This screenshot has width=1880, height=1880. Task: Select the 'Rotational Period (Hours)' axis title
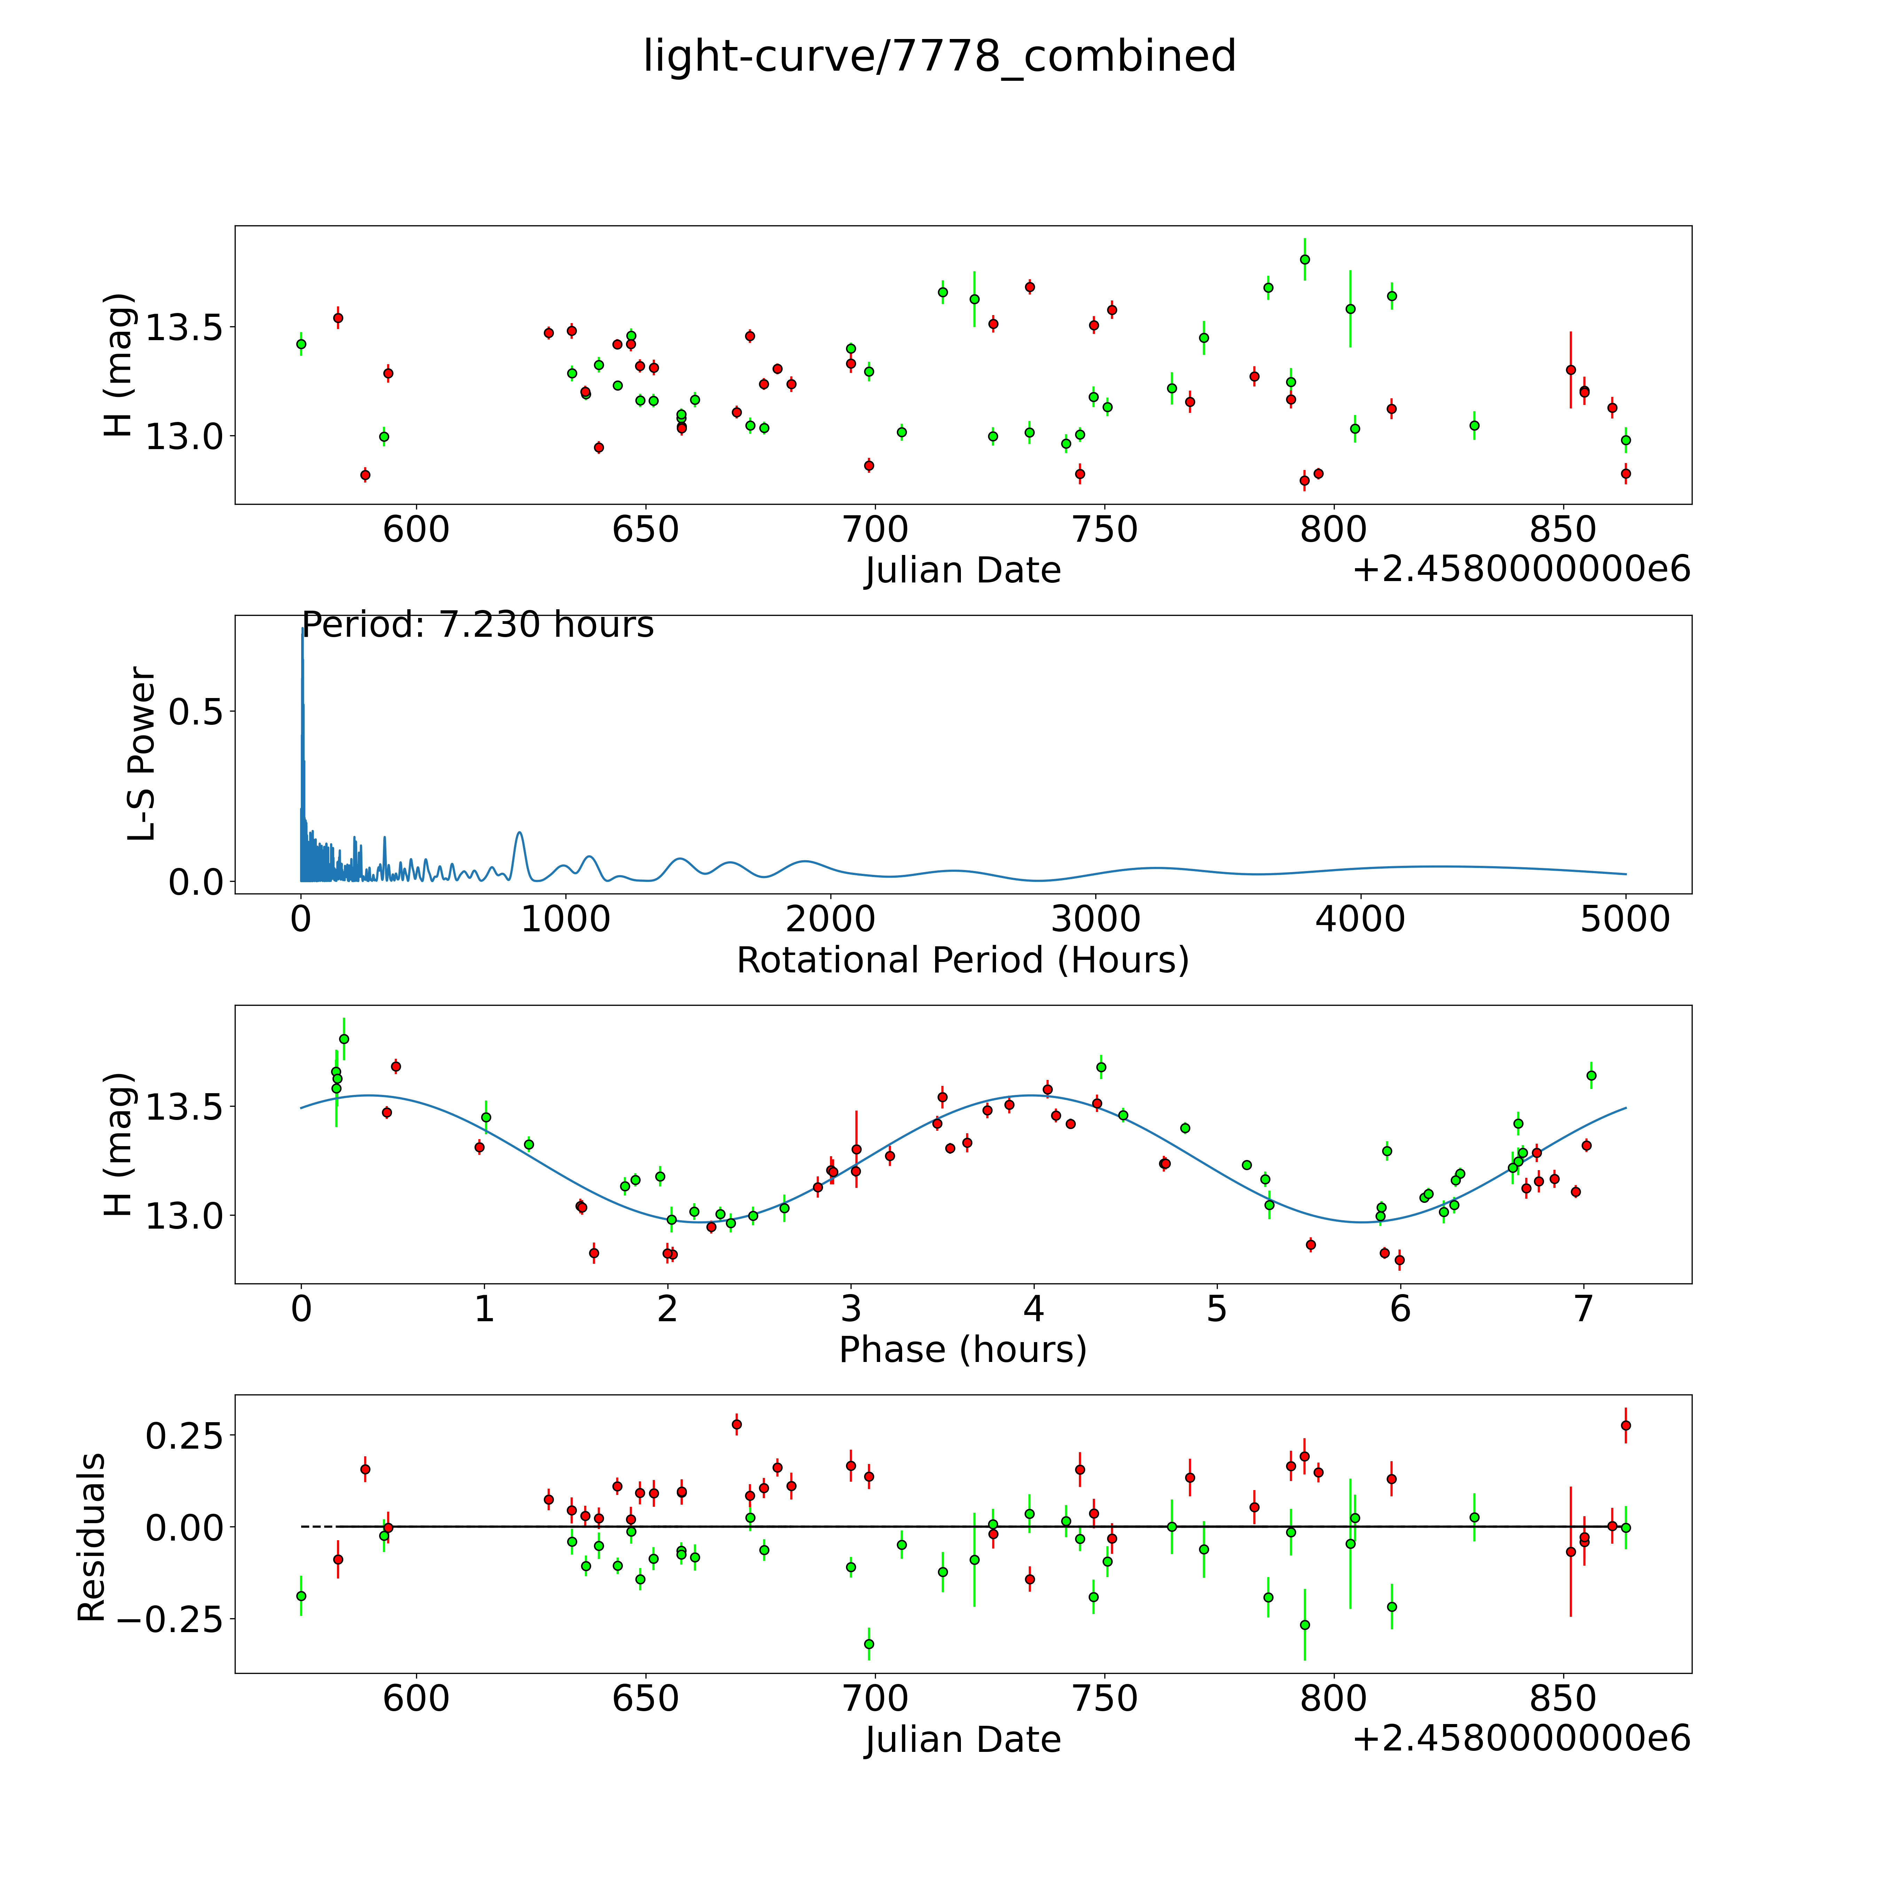pyautogui.click(x=962, y=961)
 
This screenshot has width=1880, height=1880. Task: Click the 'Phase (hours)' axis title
pyautogui.click(x=962, y=1350)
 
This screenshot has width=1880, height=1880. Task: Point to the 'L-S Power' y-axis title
pyautogui.click(x=142, y=754)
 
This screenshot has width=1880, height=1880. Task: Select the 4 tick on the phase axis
pyautogui.click(x=1033, y=1309)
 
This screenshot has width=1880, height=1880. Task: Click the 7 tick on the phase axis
pyautogui.click(x=1583, y=1309)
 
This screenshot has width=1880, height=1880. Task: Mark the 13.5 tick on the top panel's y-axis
pyautogui.click(x=185, y=328)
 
